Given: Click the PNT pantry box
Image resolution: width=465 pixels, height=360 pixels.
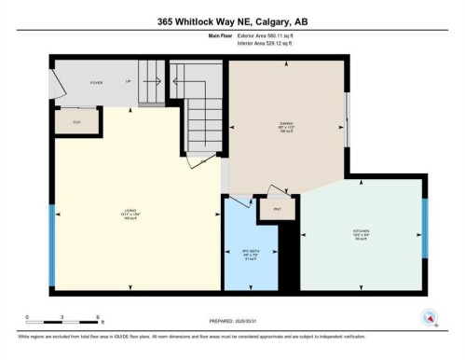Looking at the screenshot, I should click(277, 211).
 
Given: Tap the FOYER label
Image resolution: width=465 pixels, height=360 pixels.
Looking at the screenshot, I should click(95, 82).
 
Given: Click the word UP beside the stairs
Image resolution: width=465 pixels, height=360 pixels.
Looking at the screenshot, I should click(127, 82).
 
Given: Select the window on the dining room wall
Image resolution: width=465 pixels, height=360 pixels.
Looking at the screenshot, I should click(348, 120).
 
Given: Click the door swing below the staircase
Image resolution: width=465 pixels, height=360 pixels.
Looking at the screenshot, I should click(198, 162).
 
